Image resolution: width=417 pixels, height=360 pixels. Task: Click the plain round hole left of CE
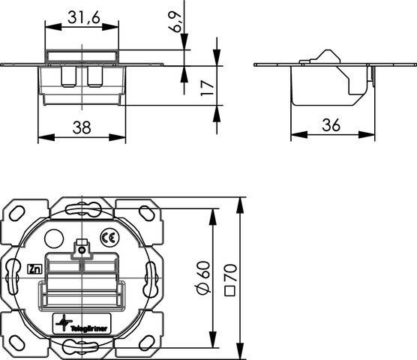53,239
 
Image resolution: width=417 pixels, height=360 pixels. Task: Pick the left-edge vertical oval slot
13,277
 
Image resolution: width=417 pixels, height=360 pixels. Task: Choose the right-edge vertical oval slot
154,277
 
